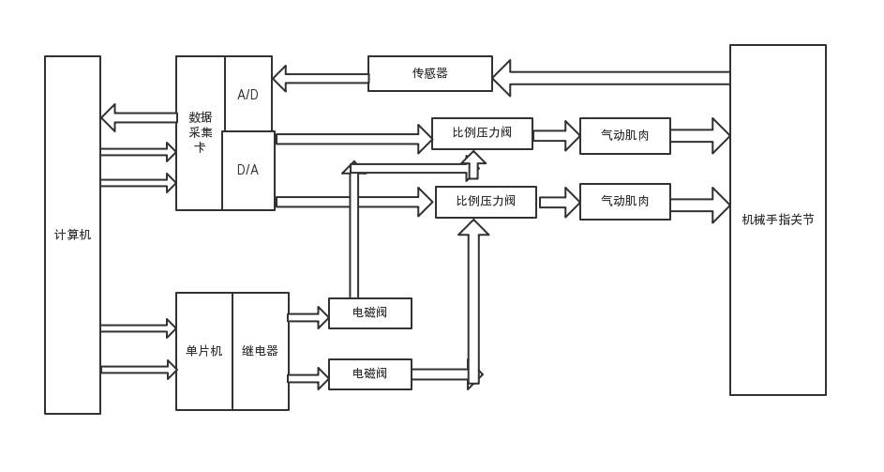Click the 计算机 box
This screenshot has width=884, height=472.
tap(72, 235)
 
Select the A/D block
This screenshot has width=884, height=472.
tap(248, 95)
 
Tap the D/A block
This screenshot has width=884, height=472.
tap(248, 170)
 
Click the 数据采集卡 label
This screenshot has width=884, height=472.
tap(200, 132)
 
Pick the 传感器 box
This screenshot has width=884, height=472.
tap(429, 73)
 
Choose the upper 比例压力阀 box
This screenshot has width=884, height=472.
tap(482, 133)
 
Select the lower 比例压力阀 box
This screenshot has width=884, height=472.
tap(486, 202)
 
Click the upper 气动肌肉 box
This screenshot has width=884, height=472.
tap(624, 136)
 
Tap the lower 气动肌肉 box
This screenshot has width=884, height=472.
tap(624, 202)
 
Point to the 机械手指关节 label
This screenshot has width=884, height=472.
tap(777, 220)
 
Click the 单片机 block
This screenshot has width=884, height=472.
tap(203, 351)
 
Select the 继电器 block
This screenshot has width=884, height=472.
tap(261, 351)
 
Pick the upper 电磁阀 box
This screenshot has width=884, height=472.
tap(369, 313)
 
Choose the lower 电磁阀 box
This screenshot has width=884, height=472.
tap(369, 373)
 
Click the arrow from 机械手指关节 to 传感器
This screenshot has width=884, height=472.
tap(610, 78)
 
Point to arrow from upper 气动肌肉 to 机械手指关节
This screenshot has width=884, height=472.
tap(699, 136)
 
